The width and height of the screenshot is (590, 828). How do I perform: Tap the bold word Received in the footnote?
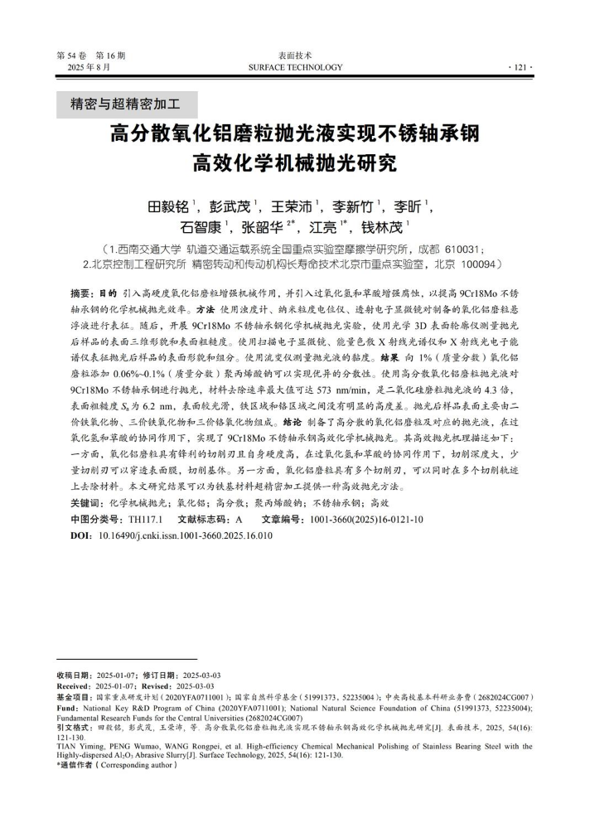click(x=75, y=686)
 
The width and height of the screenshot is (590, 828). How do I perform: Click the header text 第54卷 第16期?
click(x=90, y=56)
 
